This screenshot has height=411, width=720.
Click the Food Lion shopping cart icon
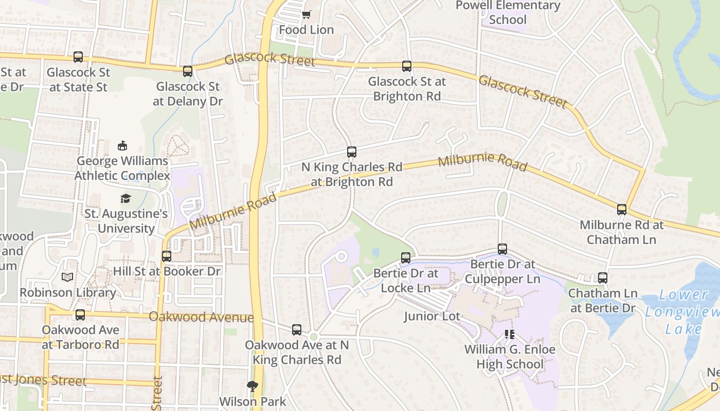click(306, 15)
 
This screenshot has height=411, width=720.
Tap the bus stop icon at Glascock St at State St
click(78, 57)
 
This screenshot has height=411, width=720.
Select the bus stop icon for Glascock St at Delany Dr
click(188, 71)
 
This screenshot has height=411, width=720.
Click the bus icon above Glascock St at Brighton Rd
click(407, 66)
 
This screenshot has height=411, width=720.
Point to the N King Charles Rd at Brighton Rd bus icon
click(352, 152)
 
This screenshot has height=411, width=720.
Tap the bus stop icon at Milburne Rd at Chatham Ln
click(622, 210)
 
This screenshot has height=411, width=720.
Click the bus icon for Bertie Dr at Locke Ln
click(406, 258)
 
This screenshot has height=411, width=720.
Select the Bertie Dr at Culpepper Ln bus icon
click(502, 249)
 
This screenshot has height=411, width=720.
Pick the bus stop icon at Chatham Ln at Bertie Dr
click(603, 278)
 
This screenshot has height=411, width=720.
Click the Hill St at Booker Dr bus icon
click(167, 256)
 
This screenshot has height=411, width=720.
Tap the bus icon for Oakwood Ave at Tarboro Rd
click(80, 315)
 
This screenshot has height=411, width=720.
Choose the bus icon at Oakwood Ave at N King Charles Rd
click(297, 330)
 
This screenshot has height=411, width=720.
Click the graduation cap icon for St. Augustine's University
click(125, 198)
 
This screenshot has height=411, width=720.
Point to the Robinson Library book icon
click(67, 277)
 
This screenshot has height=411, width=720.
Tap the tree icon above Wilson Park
click(252, 386)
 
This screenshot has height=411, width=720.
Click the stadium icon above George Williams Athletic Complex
click(122, 146)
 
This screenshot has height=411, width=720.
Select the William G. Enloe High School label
click(510, 357)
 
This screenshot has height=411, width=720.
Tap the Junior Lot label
click(432, 316)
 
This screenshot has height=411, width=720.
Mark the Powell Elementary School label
click(508, 13)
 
